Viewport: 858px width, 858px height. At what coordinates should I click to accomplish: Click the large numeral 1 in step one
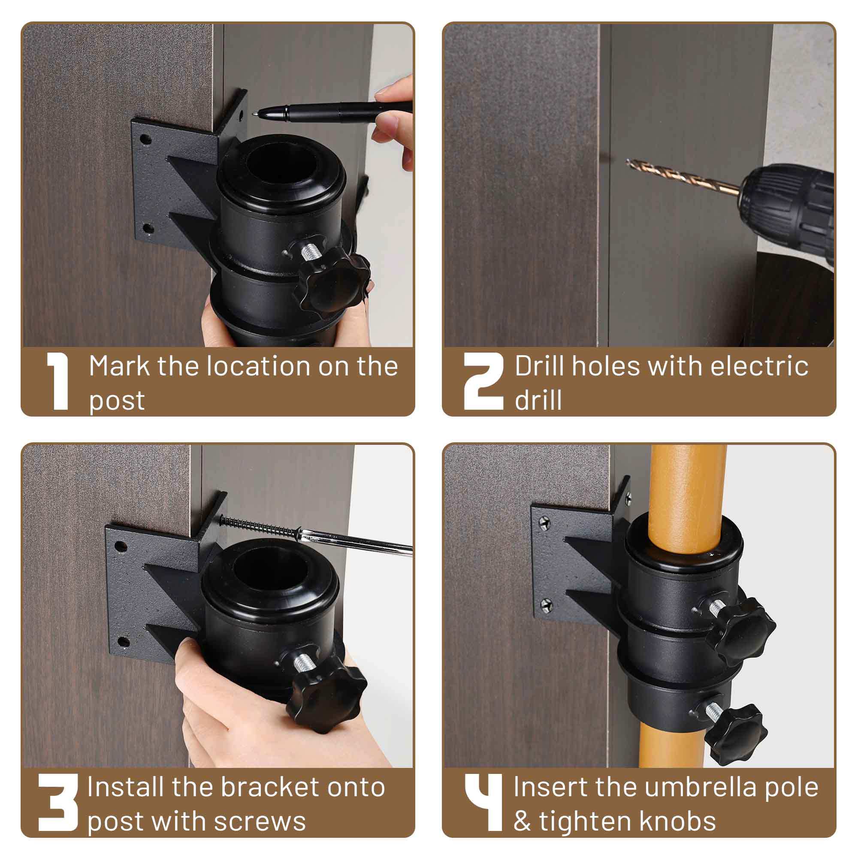pos(59,381)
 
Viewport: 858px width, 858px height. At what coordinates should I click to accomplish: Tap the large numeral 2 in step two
pos(483,381)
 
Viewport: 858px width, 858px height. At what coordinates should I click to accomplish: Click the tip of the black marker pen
pos(255,114)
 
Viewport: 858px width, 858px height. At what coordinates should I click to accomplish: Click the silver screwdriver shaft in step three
pos(355,543)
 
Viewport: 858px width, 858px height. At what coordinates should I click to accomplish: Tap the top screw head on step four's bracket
pos(547,523)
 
